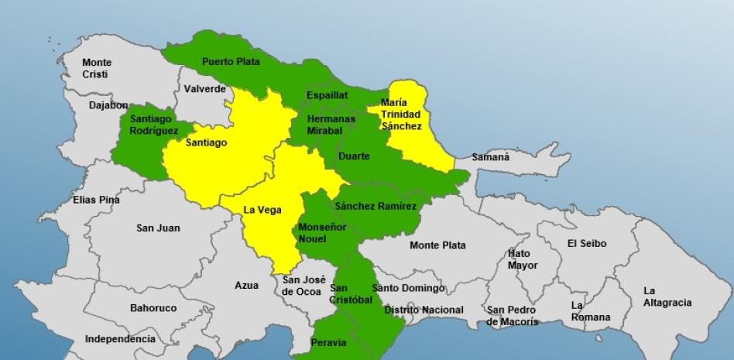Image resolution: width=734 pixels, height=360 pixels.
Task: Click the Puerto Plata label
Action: [x=231, y=61]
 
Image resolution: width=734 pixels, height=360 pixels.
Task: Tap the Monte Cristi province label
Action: [x=96, y=68]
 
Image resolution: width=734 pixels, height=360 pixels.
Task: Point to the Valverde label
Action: [x=205, y=89]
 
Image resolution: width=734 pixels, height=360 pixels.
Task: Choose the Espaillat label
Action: [x=327, y=95]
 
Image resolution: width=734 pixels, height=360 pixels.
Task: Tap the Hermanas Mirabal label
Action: [x=331, y=125]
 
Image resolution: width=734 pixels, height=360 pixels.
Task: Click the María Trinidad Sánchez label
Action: [x=400, y=115]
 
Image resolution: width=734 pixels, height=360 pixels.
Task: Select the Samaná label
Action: [x=491, y=157]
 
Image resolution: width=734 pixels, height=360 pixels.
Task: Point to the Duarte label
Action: [x=354, y=156]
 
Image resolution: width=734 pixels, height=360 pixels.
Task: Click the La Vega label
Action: [x=262, y=210]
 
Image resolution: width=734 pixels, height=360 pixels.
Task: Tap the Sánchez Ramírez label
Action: [x=376, y=206]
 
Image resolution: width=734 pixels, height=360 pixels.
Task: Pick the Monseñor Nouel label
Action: [x=322, y=233]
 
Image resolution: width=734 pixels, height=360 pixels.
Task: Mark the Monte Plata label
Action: [x=437, y=245]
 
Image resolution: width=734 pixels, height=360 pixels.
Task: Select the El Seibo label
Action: [x=587, y=243]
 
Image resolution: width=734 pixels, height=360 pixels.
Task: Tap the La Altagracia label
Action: [x=667, y=297]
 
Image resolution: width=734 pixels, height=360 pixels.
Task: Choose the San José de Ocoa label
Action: [x=304, y=286]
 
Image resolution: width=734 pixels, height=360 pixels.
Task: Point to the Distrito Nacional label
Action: [x=424, y=310]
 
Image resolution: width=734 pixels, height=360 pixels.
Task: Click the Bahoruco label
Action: [x=153, y=308]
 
